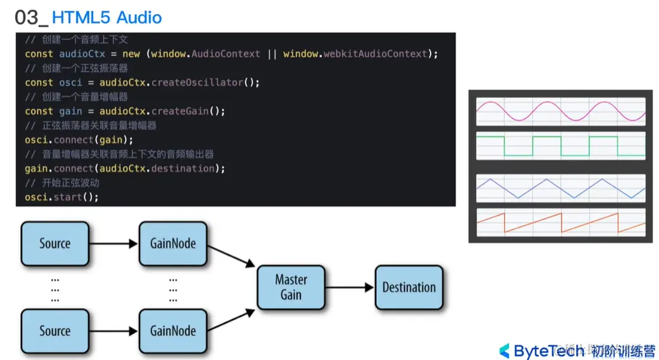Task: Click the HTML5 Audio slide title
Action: point(106,17)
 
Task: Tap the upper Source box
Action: point(55,243)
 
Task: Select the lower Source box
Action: point(55,330)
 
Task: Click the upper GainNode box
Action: point(173,243)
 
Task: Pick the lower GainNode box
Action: point(173,330)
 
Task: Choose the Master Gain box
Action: point(291,287)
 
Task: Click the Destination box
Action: point(409,287)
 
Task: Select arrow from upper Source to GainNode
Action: point(114,243)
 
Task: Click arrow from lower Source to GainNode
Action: point(114,330)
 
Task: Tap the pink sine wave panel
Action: point(560,111)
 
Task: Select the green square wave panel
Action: point(560,145)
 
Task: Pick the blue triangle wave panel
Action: point(560,189)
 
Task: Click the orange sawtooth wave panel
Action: point(560,223)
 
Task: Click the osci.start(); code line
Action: point(62,197)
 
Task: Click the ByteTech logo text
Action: point(549,350)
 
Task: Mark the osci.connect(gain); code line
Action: point(79,139)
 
